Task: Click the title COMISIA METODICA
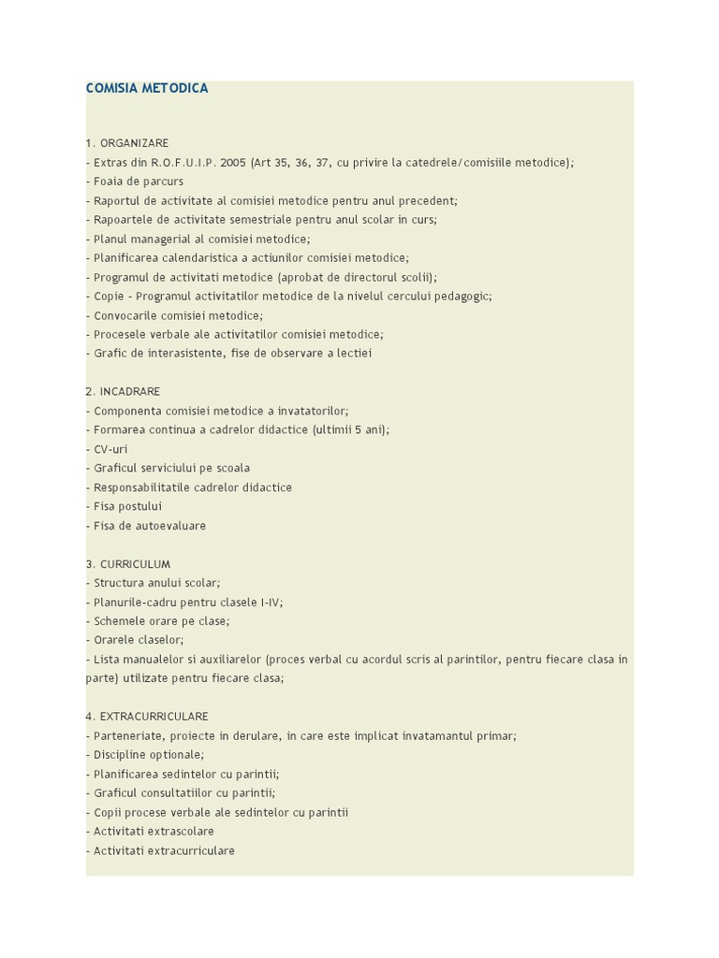tap(147, 89)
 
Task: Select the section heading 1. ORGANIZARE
tap(127, 143)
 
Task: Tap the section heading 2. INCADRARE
tap(123, 391)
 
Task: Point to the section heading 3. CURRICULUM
tap(128, 564)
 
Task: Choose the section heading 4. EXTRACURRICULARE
tap(147, 717)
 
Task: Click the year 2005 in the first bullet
tap(234, 163)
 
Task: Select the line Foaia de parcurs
tap(138, 181)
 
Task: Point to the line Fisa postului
tap(127, 506)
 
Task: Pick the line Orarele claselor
tap(139, 640)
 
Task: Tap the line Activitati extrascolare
tap(154, 831)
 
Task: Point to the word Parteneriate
tap(128, 736)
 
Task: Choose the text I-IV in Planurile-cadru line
tap(270, 602)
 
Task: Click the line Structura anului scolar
tap(156, 583)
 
